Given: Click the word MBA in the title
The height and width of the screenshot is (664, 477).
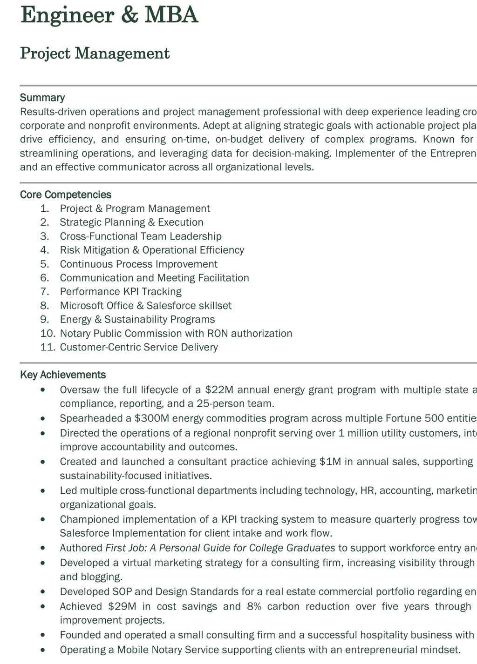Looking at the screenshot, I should (171, 15).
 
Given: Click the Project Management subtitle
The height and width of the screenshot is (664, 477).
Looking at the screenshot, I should (95, 54).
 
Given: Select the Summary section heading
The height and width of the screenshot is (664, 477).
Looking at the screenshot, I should (42, 98).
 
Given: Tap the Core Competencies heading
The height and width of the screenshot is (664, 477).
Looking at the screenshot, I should (66, 195).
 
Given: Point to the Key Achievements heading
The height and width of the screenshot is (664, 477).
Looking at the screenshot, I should (63, 375).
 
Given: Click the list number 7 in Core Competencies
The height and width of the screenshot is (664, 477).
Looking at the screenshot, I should (45, 292).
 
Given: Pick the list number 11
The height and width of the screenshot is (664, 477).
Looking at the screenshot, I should (48, 347).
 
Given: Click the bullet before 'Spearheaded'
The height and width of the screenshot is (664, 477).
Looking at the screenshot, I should (43, 418).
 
